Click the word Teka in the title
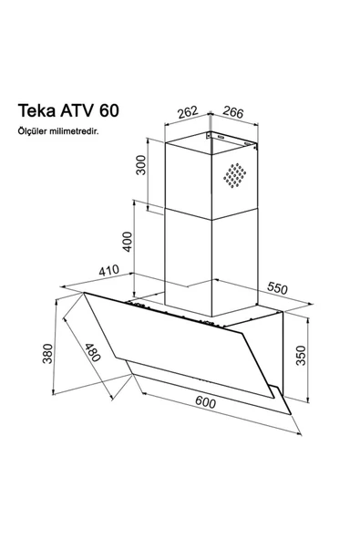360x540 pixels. pyautogui.click(x=38, y=111)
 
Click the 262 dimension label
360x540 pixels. pyautogui.click(x=188, y=114)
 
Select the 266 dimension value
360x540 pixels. pyautogui.click(x=233, y=114)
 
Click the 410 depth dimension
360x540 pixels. pyautogui.click(x=111, y=272)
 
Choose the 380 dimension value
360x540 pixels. pyautogui.click(x=48, y=354)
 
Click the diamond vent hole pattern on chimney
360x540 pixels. pyautogui.click(x=239, y=177)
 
